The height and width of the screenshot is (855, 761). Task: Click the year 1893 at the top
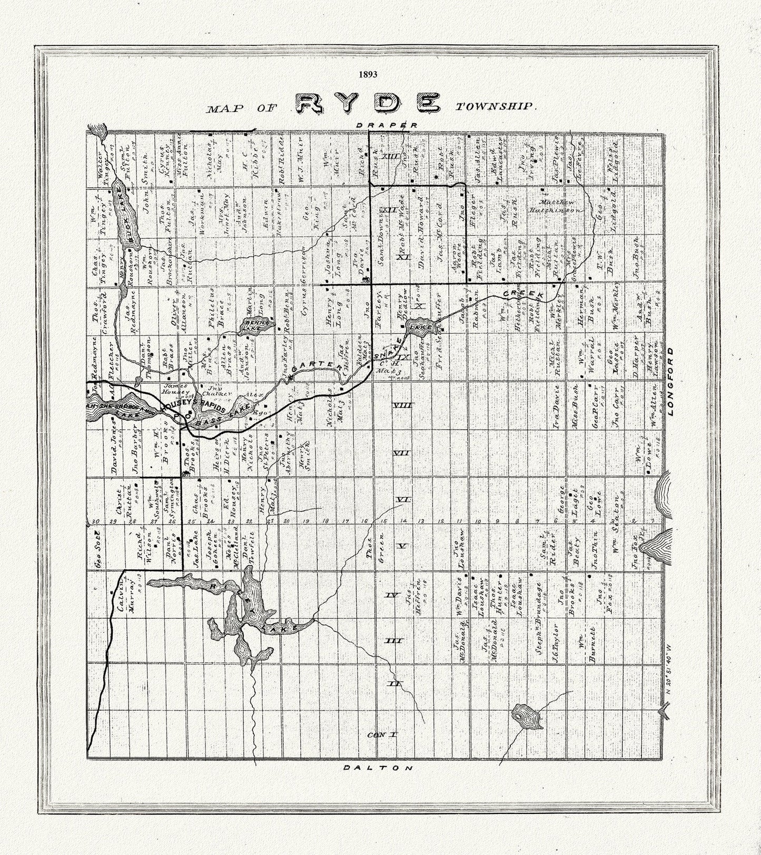[368, 74]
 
